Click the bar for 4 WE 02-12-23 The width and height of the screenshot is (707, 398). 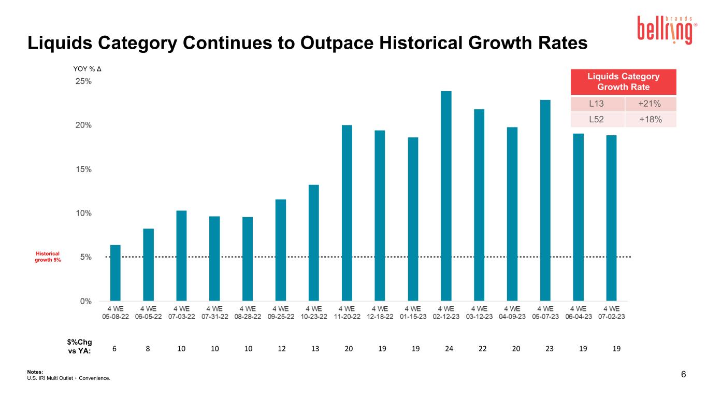pos(445,196)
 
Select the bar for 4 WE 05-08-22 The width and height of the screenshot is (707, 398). pos(115,273)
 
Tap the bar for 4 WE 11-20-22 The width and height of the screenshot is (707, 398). pos(347,213)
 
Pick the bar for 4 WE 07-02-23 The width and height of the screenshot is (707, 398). pos(611,218)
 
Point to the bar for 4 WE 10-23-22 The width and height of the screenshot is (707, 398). pos(314,243)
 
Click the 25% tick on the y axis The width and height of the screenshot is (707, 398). pos(83,81)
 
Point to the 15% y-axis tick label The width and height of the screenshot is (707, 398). pos(83,169)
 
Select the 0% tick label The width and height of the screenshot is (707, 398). pos(85,301)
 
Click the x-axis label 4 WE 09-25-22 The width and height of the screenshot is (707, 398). pos(281,312)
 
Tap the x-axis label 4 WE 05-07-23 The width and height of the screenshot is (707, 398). pos(545,312)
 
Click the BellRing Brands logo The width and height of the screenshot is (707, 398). pos(667,30)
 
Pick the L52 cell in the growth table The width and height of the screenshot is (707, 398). pos(596,119)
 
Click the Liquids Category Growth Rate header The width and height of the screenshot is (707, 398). pos(624,82)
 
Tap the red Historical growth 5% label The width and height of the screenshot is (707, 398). pos(48,257)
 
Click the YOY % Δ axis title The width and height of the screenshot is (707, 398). pos(87,69)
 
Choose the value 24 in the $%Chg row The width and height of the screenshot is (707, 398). pos(449,349)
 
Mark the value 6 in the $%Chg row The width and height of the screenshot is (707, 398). pos(114,349)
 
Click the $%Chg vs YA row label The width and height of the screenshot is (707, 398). pos(80,347)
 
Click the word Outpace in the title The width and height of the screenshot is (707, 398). pos(337,43)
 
